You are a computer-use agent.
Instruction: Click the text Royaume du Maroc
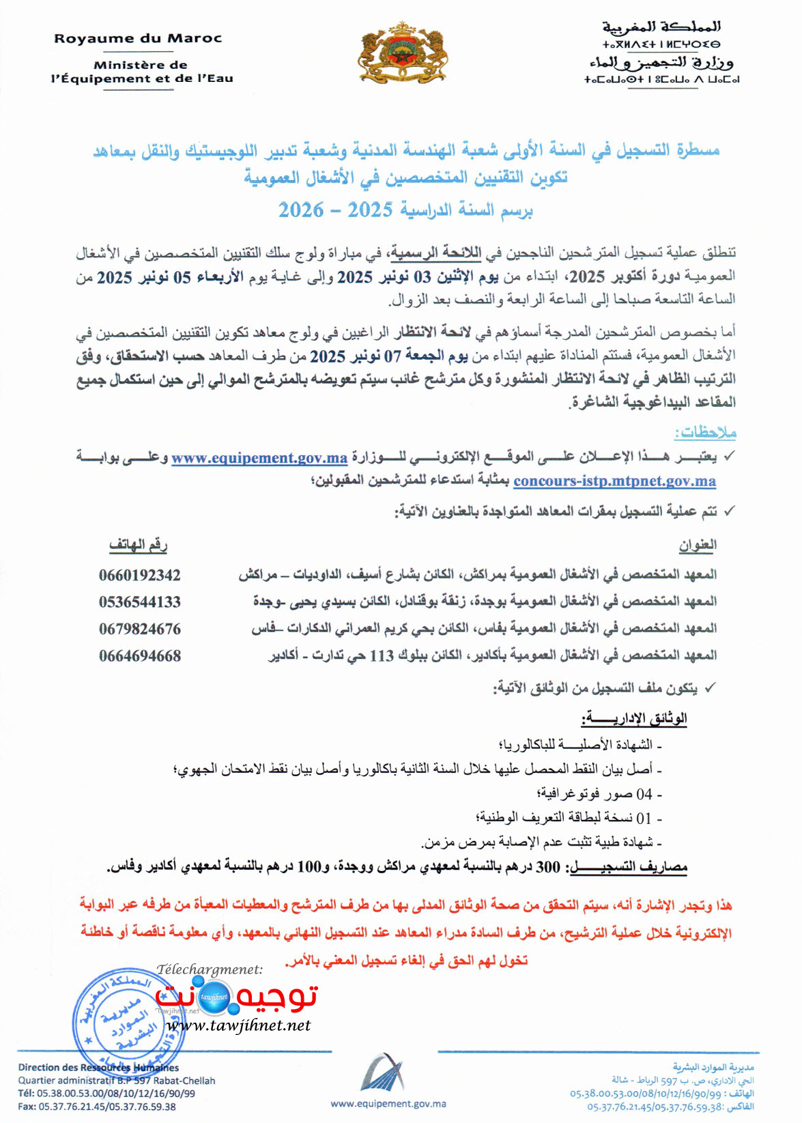pos(138,39)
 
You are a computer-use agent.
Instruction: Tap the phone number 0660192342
pos(140,575)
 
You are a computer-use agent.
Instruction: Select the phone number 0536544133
pos(140,602)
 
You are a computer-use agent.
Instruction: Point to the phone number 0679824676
pos(140,629)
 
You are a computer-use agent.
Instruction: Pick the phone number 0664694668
pos(140,656)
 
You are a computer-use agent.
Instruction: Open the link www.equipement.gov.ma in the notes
pos(259,458)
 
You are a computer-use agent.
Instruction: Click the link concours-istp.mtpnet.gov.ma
pos(614,481)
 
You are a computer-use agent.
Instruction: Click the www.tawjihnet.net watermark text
pos(238,1025)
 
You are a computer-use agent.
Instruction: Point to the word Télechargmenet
pos(210,969)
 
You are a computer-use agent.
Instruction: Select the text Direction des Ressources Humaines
pos(98,1067)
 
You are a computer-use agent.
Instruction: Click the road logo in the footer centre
pos(383,1072)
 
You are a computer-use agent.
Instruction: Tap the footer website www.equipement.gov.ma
pos(388,1103)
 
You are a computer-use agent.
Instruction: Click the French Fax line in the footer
pos(97,1107)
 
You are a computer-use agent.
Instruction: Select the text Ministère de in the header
pos(141,66)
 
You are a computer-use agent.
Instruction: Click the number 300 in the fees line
pos(548,867)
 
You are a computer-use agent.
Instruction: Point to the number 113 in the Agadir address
pos(382,656)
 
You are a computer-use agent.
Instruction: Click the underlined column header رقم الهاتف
pos(139,545)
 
